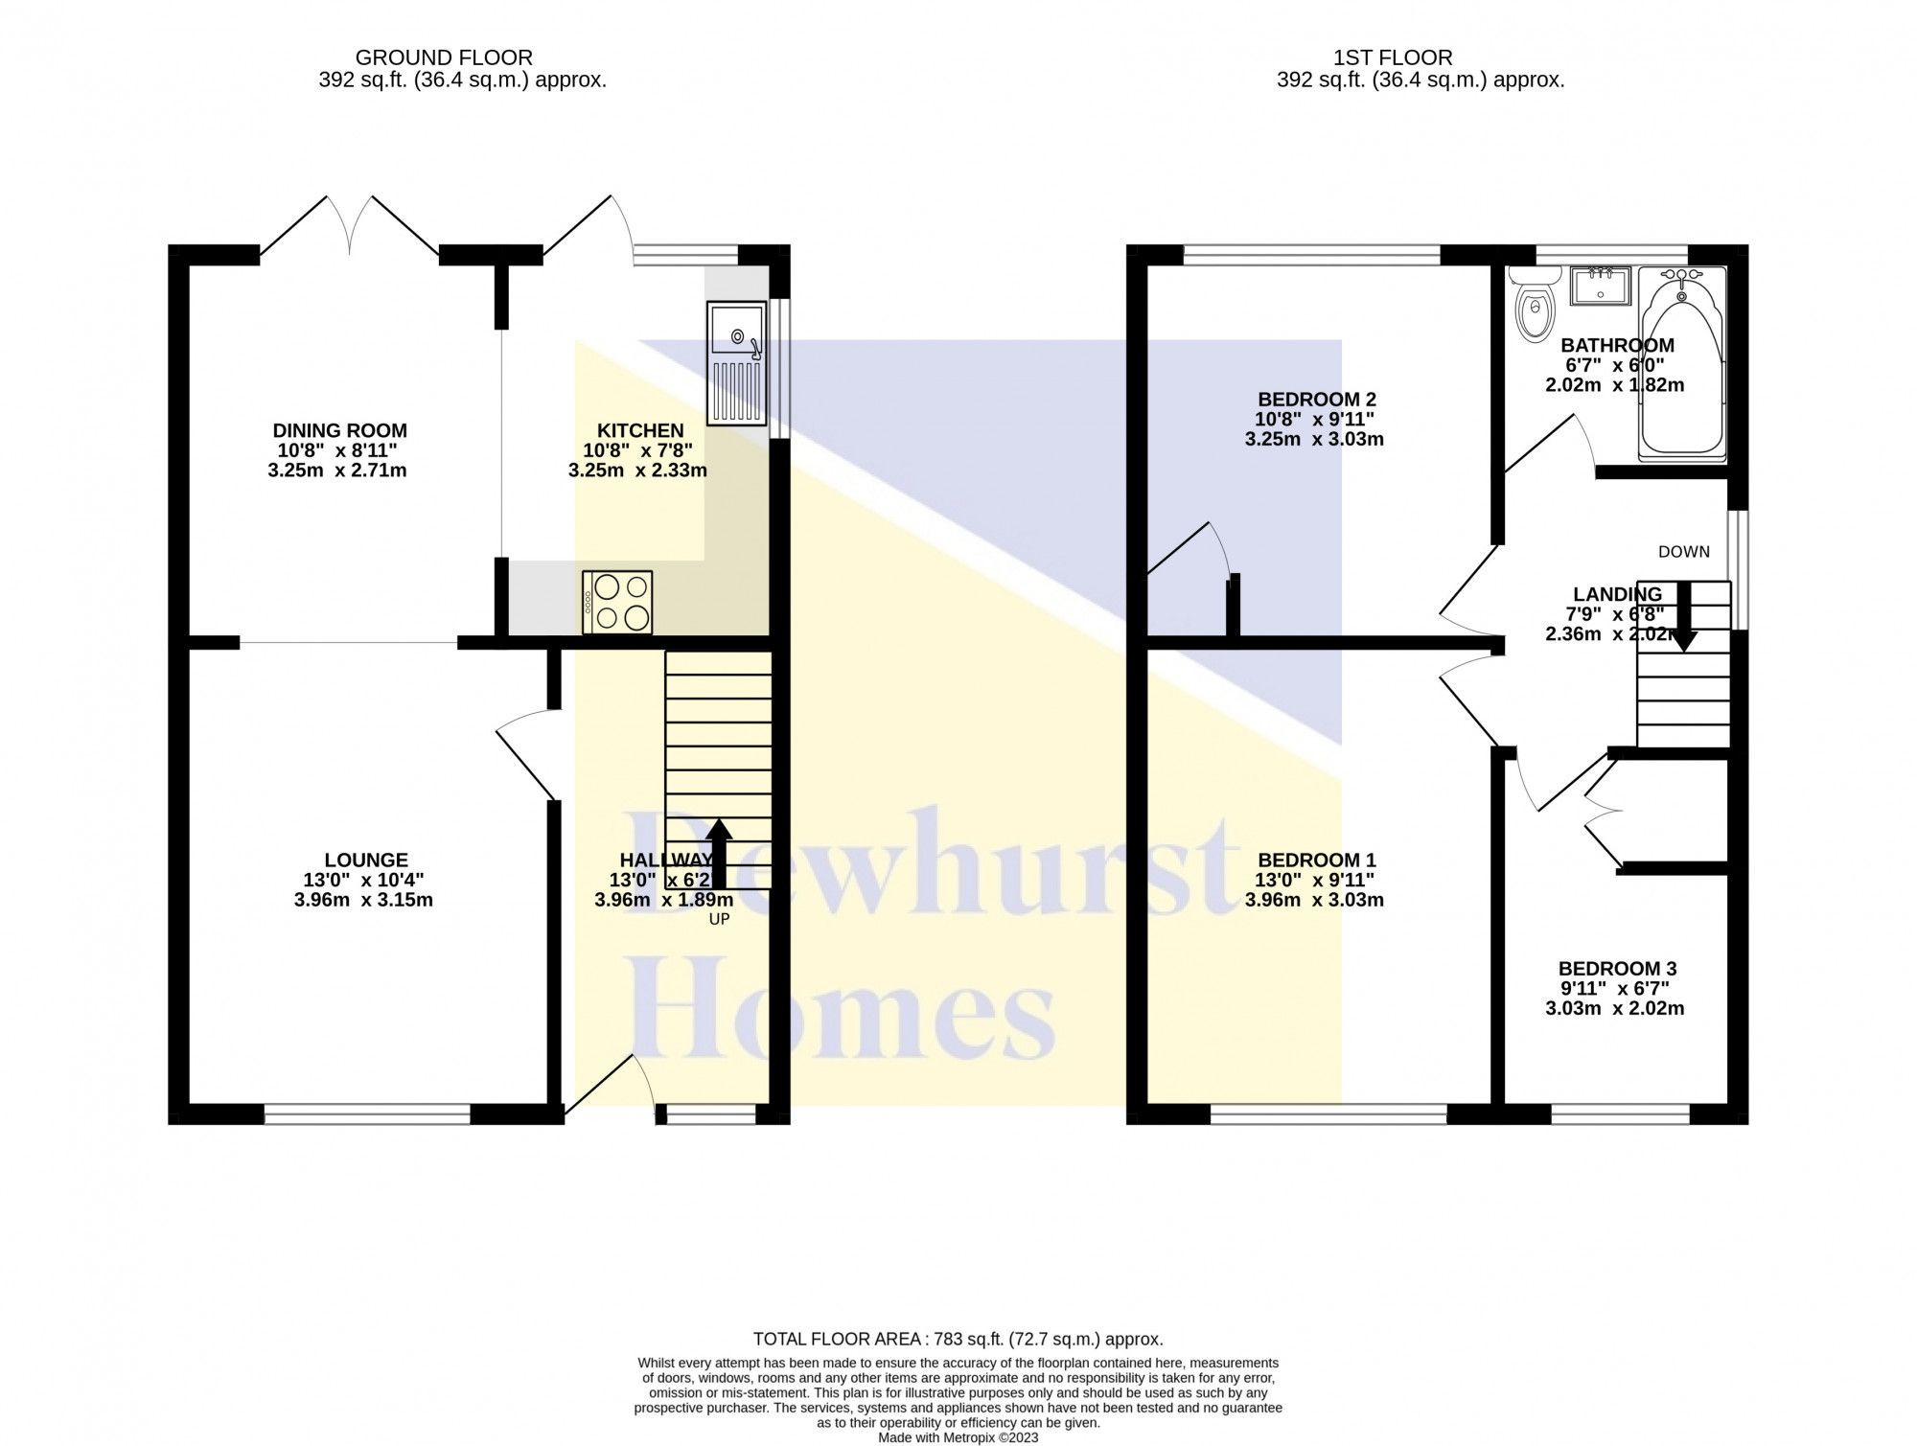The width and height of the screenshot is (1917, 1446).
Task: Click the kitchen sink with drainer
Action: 736,363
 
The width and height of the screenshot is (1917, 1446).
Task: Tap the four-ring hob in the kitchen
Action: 617,602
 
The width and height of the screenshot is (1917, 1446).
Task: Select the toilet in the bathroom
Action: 1534,312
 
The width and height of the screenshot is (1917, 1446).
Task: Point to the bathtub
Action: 1681,364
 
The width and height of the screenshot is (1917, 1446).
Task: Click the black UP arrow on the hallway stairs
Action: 719,852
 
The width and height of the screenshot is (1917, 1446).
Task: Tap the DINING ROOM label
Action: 339,431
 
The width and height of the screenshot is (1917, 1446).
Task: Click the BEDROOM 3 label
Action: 1617,969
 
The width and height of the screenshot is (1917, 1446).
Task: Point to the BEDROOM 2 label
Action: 1316,400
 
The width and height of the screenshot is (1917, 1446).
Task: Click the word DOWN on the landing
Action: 1683,552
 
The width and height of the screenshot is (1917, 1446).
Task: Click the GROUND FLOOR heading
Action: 444,58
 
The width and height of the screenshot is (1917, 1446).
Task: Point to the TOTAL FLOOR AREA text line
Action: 958,1339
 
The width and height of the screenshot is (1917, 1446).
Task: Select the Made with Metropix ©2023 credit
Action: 958,1437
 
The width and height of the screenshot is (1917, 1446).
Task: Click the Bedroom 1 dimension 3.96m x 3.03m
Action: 1314,900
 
